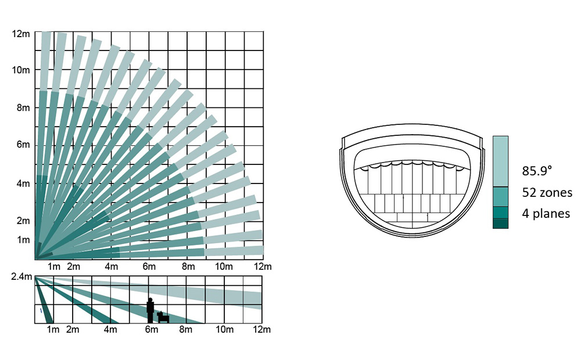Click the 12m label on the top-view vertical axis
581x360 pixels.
(21, 34)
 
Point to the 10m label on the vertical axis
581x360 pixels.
(21, 70)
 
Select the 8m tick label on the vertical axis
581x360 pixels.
(23, 108)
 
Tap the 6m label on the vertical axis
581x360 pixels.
(23, 145)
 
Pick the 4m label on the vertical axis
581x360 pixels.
(23, 183)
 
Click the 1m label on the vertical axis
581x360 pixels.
(23, 240)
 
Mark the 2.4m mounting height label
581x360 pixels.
(21, 276)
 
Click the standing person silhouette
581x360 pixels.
(150, 311)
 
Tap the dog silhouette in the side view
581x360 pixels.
(163, 317)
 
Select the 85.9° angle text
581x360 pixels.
(537, 171)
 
